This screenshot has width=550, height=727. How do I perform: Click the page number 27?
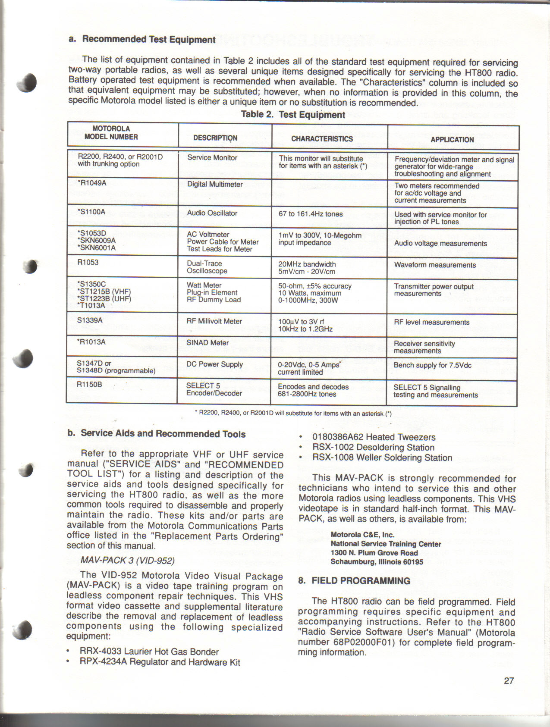[x=509, y=680]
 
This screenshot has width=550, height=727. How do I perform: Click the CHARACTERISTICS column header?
[x=322, y=139]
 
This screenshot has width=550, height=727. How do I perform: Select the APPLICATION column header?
[x=452, y=140]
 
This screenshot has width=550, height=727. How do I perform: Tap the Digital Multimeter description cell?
[x=215, y=185]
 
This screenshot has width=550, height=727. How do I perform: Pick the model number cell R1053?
[x=88, y=262]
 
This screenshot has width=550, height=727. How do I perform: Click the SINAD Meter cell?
[x=207, y=343]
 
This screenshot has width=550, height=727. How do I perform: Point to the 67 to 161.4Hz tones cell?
[x=311, y=214]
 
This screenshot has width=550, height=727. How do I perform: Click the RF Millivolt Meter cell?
[x=214, y=321]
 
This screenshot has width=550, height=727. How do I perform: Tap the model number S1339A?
[x=90, y=320]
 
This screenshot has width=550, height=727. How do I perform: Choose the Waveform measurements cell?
[x=435, y=265]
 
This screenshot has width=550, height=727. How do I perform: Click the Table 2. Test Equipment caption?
[x=293, y=115]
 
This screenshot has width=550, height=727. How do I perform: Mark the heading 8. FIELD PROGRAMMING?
[x=354, y=581]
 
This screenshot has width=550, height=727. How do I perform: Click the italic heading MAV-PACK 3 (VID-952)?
[x=127, y=561]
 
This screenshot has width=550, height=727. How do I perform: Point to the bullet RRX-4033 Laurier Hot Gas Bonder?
[x=149, y=652]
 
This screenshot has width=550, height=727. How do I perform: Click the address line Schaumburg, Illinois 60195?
[x=377, y=562]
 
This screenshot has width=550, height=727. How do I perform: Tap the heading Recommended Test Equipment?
[x=148, y=39]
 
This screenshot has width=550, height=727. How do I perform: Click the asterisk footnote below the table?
[x=293, y=414]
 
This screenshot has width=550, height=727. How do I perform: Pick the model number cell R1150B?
[x=89, y=384]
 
